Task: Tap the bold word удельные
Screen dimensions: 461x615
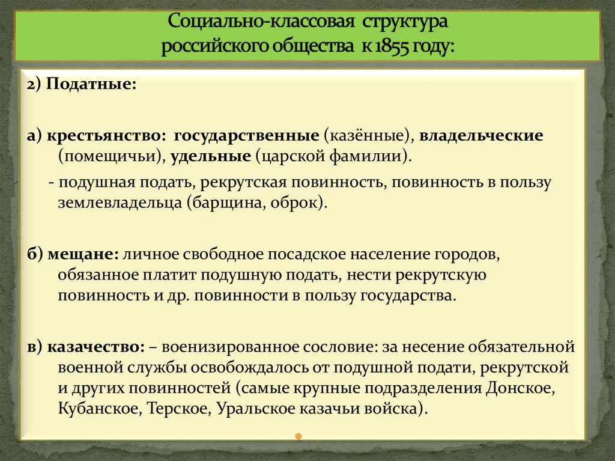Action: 210,157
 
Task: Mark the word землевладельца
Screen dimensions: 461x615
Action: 120,203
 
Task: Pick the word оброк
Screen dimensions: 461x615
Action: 298,203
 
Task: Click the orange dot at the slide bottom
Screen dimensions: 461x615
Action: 298,436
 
